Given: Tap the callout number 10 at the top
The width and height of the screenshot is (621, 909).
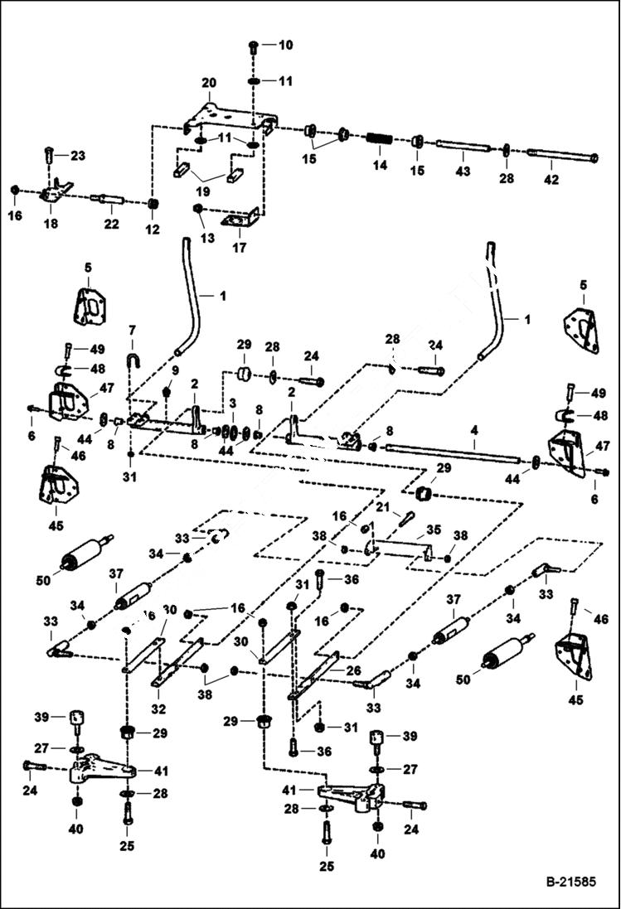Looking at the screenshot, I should tap(284, 44).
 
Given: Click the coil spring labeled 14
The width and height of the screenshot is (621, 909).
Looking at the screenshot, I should tap(381, 138).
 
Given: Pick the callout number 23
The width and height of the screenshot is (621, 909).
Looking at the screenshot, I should tap(77, 156).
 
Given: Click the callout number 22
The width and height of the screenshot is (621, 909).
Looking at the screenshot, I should tap(112, 224).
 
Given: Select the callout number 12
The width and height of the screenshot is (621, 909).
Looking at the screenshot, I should tap(153, 230).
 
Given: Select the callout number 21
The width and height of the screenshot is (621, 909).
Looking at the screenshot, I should tap(382, 506).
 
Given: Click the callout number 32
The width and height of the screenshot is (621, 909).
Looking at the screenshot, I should tap(158, 708).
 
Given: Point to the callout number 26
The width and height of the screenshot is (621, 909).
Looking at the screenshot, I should tap(353, 669).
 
